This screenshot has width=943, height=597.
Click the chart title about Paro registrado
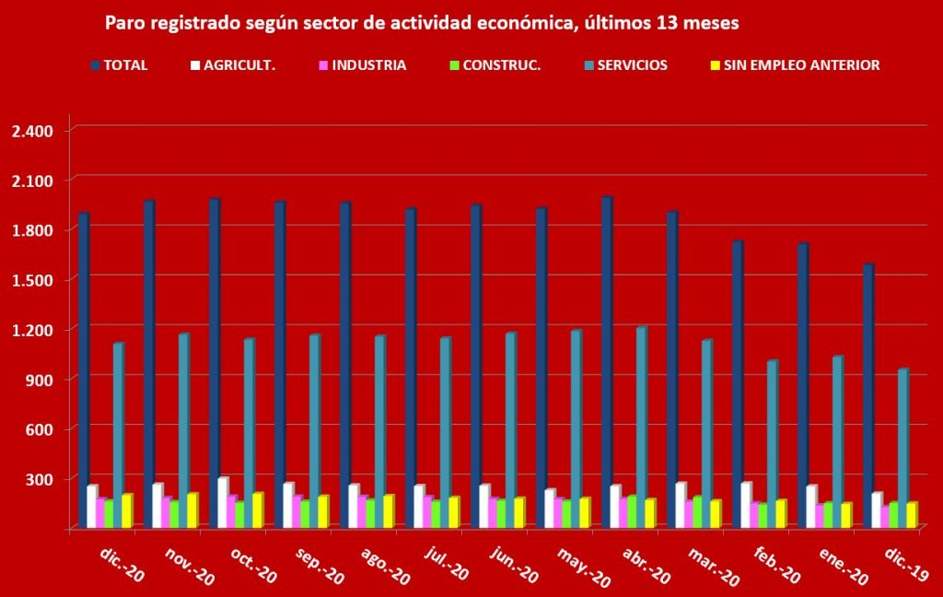[422, 24]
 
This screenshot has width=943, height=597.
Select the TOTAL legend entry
[119, 65]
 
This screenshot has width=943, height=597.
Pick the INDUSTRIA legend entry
[361, 65]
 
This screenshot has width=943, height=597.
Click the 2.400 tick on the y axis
[33, 130]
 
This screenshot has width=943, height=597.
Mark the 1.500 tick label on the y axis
[33, 280]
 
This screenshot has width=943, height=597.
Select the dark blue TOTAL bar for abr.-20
[606, 359]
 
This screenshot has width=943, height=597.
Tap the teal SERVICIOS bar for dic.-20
[118, 433]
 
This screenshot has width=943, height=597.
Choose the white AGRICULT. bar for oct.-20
[222, 502]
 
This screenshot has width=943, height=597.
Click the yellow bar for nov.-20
[192, 509]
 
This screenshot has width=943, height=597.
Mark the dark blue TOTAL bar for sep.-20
[279, 364]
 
